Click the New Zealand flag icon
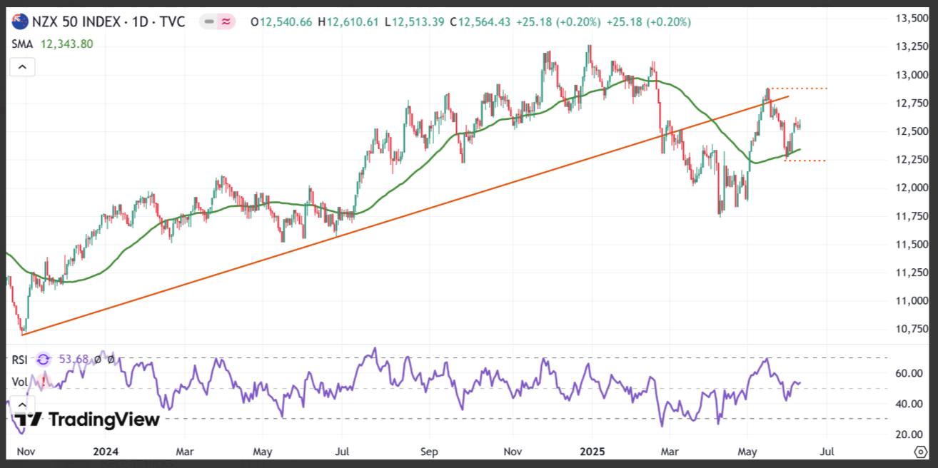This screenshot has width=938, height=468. tap(20, 21)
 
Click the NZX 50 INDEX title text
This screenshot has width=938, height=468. tap(76, 22)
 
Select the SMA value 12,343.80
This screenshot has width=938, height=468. tap(66, 44)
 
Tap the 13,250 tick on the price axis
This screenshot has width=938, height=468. tap(911, 46)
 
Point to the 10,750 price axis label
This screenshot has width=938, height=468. tap(911, 329)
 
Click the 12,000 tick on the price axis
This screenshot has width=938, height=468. tap(911, 188)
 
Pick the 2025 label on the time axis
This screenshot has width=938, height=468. tap(592, 452)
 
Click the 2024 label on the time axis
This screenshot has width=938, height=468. tap(106, 452)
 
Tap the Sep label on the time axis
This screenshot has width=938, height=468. tap(429, 452)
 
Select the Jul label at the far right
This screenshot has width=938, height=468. tap(827, 452)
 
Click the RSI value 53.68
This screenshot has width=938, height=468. tap(74, 359)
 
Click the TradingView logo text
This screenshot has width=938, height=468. tap(104, 419)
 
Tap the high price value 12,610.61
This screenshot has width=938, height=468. tap(353, 22)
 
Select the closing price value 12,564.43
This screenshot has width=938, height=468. tap(485, 22)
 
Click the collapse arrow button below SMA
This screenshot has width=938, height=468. tap(23, 67)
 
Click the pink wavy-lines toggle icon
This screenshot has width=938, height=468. tap(226, 21)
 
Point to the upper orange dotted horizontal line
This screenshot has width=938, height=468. tap(798, 88)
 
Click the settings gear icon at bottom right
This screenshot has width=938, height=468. tap(920, 452)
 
